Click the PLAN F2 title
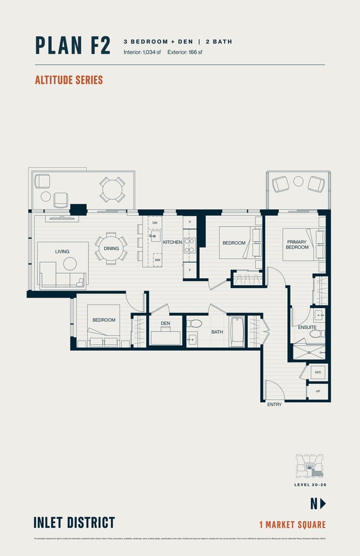[73, 45]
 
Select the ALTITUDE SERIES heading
[69, 80]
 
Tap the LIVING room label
[62, 251]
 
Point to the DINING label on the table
[111, 248]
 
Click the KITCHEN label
[172, 242]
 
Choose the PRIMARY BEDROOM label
[296, 245]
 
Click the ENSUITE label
[307, 327]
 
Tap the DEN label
[165, 324]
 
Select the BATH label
[217, 332]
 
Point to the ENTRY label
[274, 404]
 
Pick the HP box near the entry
[317, 391]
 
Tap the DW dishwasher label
[155, 223]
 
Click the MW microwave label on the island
[157, 261]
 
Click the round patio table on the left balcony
[112, 189]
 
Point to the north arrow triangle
[323, 504]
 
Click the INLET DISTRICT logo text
[74, 522]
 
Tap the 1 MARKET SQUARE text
[292, 525]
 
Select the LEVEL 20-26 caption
[310, 484]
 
